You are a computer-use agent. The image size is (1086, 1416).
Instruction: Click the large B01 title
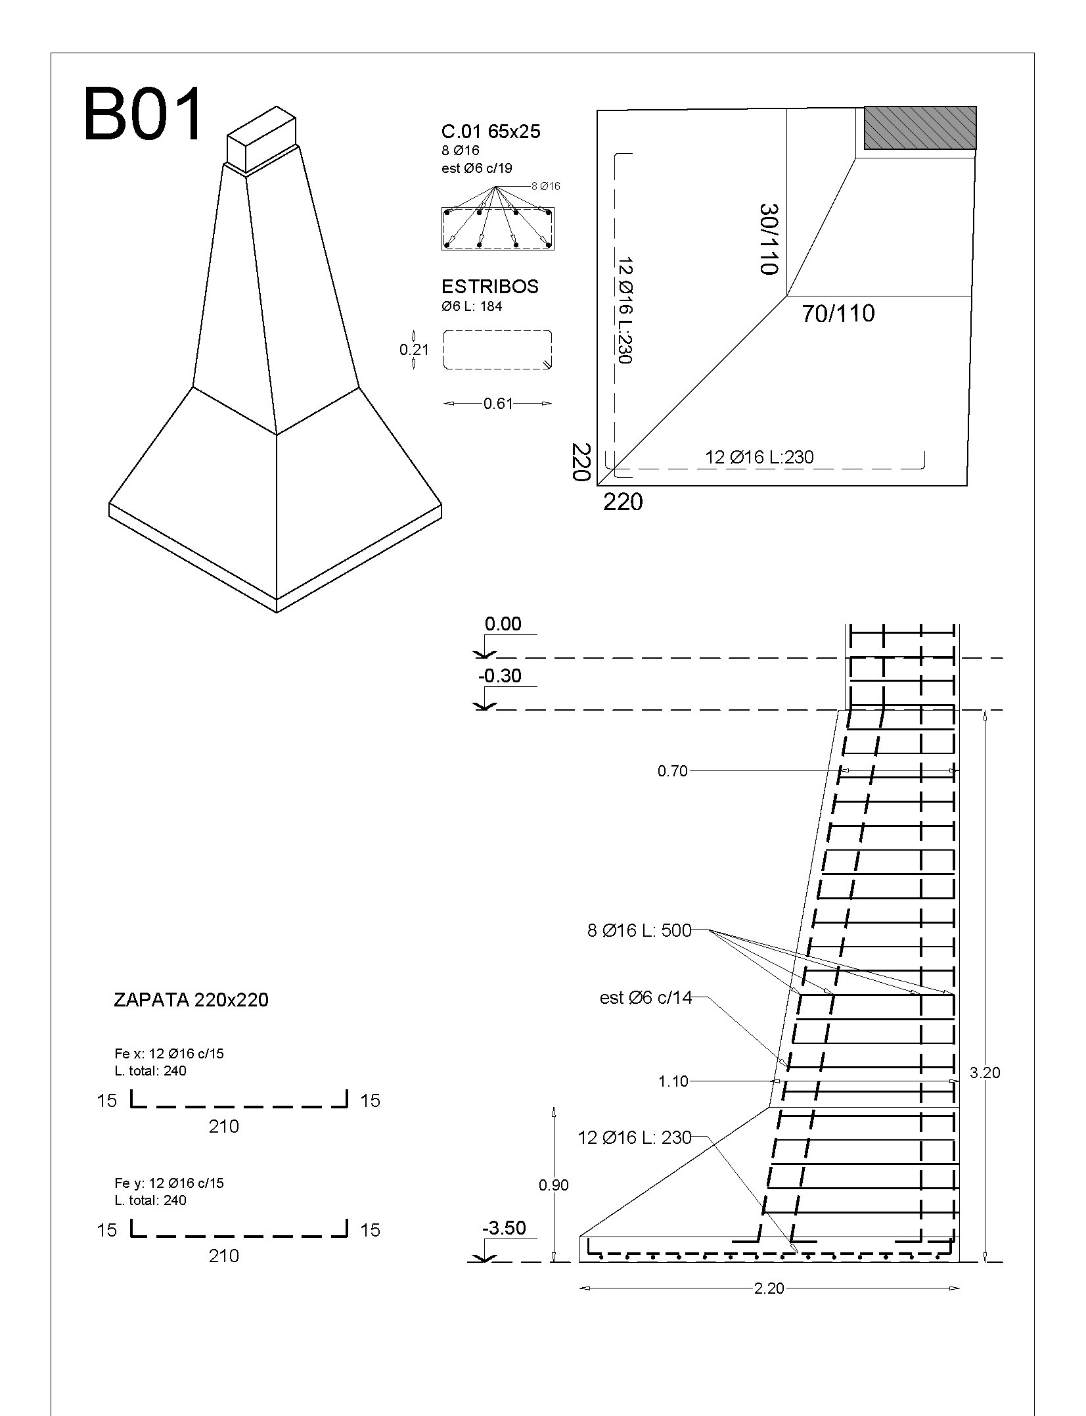click(143, 116)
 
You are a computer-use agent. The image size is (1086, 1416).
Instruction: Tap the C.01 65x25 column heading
click(491, 131)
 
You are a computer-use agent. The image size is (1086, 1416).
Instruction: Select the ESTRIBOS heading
click(489, 287)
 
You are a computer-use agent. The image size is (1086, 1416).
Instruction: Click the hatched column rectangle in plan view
click(919, 128)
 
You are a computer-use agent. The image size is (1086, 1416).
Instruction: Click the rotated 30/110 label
click(768, 239)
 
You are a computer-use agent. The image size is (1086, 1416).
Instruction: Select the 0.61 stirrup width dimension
click(497, 404)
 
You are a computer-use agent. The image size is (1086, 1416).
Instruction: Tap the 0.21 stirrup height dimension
click(414, 350)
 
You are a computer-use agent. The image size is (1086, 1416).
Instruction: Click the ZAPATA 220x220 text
click(191, 1000)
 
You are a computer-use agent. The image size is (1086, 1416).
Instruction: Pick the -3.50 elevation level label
click(504, 1228)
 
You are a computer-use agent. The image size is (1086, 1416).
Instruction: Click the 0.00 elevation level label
click(503, 624)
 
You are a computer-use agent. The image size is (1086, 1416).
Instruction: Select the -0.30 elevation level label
click(500, 676)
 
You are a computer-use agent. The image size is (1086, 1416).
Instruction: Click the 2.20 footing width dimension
click(769, 1288)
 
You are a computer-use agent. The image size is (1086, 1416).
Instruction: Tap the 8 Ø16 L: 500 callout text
click(639, 930)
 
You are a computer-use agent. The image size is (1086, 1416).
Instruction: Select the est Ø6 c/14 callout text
click(646, 998)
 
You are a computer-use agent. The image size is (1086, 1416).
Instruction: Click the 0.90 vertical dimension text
click(553, 1185)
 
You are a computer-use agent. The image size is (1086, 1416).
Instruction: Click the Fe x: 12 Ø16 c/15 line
click(169, 1054)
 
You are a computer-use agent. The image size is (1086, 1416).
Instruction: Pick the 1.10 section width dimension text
click(673, 1082)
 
